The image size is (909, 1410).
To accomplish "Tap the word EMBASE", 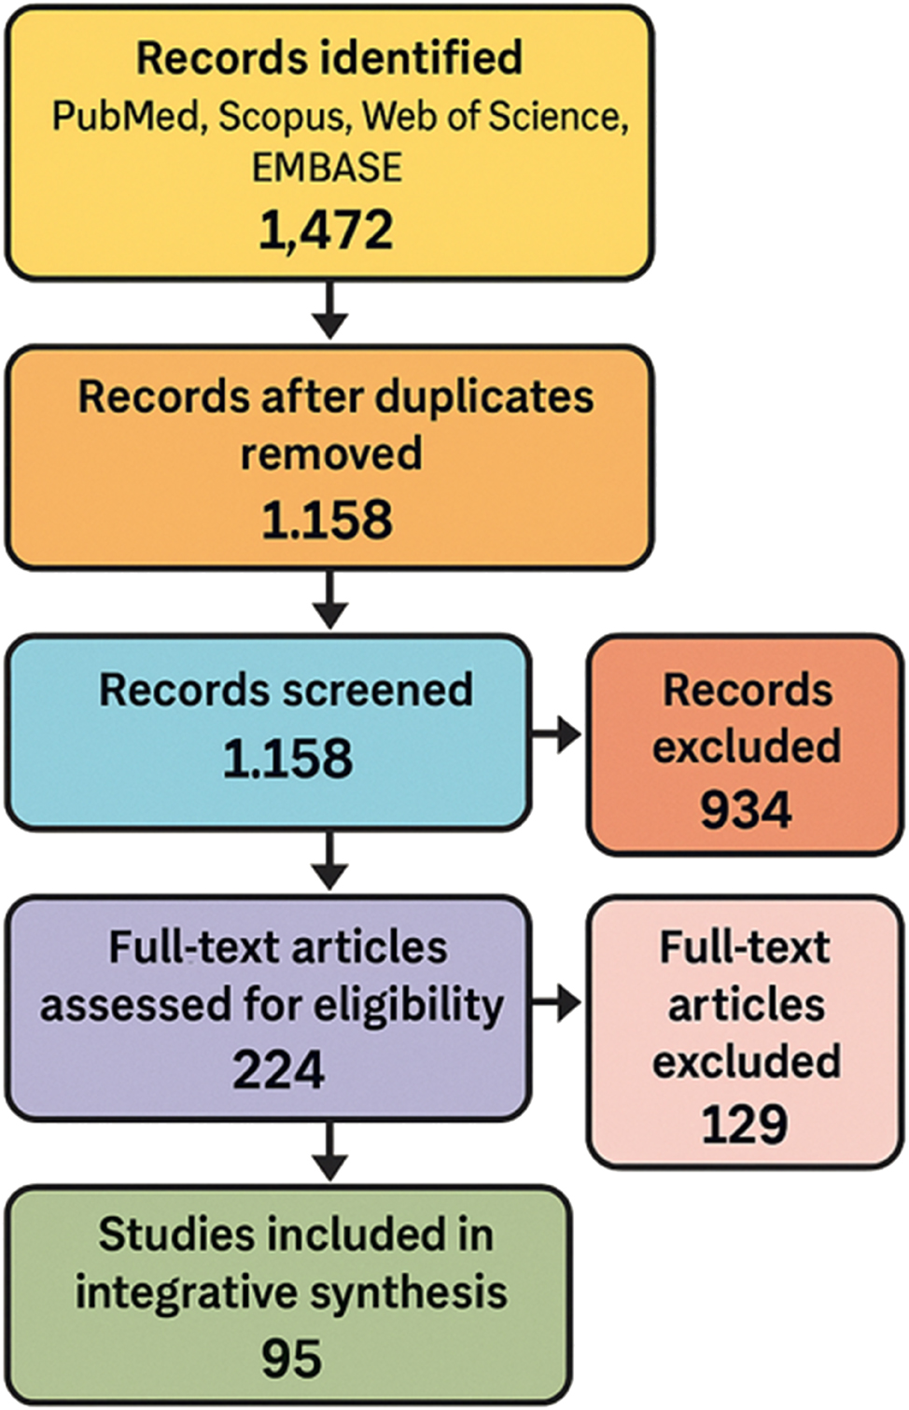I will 327,168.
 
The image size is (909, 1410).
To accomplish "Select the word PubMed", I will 125,117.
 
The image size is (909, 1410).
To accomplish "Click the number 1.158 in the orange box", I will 327,520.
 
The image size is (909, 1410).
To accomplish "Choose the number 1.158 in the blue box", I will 287,759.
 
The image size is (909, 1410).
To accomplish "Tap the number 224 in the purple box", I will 278,1070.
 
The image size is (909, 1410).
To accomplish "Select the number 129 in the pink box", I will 745,1124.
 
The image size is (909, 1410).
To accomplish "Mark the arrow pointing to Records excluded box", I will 558,735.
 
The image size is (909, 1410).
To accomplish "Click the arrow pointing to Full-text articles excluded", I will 558,1004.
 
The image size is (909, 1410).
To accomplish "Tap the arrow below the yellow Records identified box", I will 329,310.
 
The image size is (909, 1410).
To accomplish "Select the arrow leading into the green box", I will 329,1152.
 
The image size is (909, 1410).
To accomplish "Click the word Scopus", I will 281,117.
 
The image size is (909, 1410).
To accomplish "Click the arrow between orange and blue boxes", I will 329,600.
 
